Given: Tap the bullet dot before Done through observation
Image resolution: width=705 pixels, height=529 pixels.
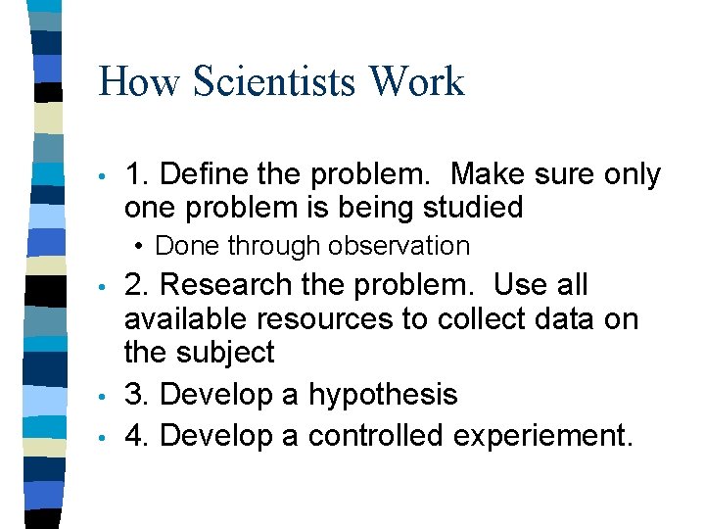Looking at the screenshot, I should point(143,245).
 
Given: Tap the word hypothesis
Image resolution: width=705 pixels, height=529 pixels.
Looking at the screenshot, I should point(383,395).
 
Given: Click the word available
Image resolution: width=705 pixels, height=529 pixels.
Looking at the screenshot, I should point(185,318).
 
